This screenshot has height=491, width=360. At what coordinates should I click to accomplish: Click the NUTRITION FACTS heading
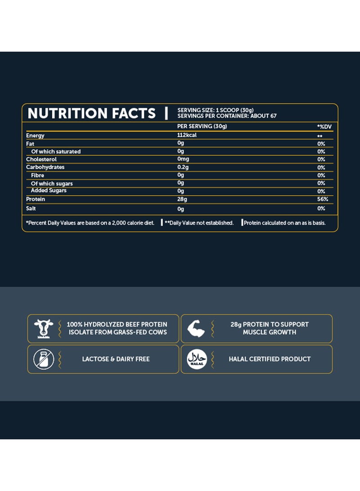pos(91,113)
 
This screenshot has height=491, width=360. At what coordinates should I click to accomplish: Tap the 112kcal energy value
pos(187,135)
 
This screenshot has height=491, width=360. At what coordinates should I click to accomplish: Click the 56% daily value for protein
pos(322,199)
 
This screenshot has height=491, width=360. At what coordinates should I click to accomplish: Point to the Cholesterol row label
pos(41,159)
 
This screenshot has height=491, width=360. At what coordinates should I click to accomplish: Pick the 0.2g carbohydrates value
pos(183,167)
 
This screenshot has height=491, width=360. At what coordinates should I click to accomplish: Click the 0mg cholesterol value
pos(183,159)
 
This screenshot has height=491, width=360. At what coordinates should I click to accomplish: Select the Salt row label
pos(31,208)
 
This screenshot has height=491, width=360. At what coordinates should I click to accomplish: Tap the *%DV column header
pos(324,126)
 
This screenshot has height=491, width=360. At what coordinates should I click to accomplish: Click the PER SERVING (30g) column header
pos(202,126)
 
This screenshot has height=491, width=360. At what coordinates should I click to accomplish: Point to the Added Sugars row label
pos(49,191)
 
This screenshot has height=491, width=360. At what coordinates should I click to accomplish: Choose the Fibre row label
pos(37,175)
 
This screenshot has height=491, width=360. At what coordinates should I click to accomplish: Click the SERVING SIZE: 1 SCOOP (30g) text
pos(216,110)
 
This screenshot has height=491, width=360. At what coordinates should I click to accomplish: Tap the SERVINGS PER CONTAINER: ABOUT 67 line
pos(227,116)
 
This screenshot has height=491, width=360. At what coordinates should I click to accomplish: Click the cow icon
pos(44,329)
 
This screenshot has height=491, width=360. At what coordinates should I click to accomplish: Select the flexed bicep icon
pos(196,329)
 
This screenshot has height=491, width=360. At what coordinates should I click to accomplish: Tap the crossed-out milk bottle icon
pos(44,359)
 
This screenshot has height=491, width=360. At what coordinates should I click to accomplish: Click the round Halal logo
pos(196,359)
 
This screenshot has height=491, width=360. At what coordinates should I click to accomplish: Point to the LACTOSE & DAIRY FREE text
pos(116,359)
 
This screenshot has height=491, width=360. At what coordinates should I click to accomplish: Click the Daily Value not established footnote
pos(198,223)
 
